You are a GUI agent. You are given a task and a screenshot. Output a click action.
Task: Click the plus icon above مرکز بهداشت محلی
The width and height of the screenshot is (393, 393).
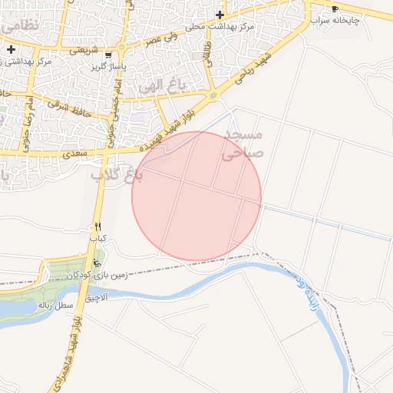coord(220,15)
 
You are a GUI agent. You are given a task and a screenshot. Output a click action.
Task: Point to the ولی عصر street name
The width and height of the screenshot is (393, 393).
coord(160,37)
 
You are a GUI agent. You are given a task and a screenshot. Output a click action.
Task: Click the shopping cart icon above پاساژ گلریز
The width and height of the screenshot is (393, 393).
coord(107,55)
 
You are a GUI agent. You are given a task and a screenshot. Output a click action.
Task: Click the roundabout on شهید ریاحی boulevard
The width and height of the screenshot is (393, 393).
coord(212,96)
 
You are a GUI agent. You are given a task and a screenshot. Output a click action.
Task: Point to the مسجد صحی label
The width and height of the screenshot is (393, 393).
coord(243,144)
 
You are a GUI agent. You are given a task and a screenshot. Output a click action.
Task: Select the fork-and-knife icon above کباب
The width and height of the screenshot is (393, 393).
coord(97,227)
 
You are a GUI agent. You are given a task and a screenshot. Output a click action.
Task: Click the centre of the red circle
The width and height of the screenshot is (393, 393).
coord(196,196)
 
